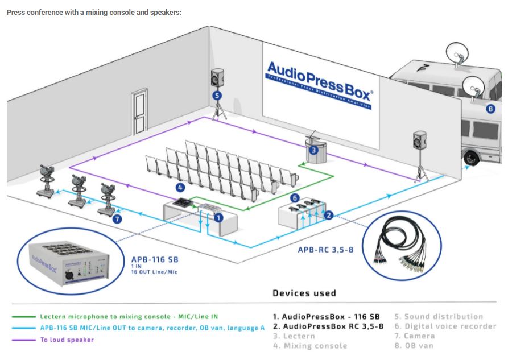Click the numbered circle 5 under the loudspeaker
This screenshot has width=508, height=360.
click(217, 96)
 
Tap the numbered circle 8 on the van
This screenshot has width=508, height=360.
click(491, 109)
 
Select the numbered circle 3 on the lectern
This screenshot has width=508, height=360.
click(313, 150)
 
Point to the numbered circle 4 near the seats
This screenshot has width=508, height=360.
click(180, 187)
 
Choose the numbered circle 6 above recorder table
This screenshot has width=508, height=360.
click(295, 197)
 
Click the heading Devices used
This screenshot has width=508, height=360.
click(304, 293)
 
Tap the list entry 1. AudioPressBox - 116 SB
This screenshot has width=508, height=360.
click(326, 316)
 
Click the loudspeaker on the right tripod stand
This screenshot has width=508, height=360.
click(420, 140)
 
